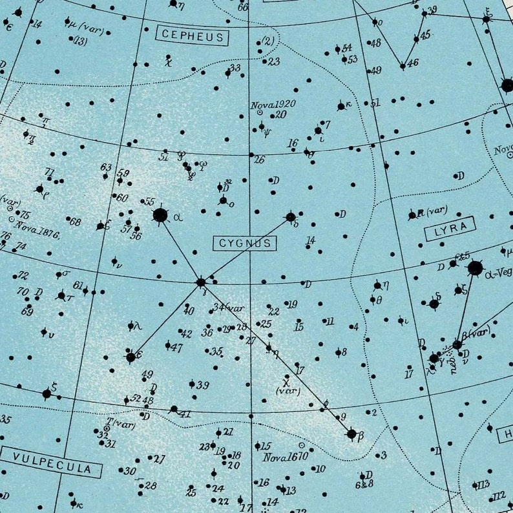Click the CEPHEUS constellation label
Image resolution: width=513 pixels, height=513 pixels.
point(193,37)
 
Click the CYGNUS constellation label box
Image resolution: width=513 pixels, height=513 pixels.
point(245,243)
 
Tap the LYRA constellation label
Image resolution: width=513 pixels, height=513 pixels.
point(450,229)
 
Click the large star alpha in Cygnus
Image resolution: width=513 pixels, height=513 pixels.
point(160,215)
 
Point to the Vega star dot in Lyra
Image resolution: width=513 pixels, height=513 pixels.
point(475,268)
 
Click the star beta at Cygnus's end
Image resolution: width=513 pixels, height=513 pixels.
point(351,434)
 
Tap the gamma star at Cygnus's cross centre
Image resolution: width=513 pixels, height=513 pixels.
point(201,282)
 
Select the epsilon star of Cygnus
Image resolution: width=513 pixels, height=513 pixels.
point(131,357)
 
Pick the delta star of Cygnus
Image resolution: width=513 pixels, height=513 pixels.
point(291,217)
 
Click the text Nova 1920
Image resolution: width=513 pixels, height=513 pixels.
point(273,104)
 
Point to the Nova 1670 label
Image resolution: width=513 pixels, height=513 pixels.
point(285,457)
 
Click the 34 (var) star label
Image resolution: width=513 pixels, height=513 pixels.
point(229,308)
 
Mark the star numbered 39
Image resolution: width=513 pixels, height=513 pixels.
point(192,384)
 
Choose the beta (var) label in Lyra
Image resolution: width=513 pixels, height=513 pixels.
point(476,334)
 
